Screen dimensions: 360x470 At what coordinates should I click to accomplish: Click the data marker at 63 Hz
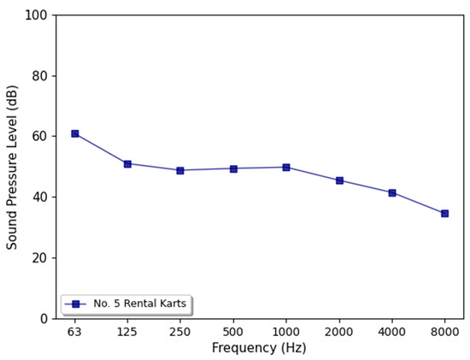[x=75, y=133]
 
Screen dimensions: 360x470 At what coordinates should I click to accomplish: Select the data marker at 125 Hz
[x=127, y=163]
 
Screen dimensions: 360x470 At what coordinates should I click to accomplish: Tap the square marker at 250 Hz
[x=180, y=170]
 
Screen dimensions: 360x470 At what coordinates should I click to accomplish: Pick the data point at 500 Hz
[x=233, y=168]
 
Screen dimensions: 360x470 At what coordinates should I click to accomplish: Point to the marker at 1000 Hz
[x=286, y=167]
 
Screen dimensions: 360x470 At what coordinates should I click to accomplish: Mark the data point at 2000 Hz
[x=339, y=180]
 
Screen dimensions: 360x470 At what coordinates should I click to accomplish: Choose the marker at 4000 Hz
[x=392, y=192]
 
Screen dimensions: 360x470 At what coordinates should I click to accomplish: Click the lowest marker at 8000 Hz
[x=444, y=213]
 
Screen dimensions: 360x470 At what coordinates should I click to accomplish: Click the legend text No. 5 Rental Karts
[x=139, y=304]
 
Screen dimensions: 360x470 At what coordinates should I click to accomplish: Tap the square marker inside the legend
[x=75, y=304]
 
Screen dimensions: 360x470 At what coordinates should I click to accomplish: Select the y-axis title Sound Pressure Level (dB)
[x=12, y=167]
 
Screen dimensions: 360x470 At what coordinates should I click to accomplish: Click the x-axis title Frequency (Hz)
[x=259, y=349]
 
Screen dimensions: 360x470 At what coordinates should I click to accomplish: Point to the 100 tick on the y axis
[x=38, y=15]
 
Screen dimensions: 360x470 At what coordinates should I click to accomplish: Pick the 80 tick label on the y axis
[x=40, y=76]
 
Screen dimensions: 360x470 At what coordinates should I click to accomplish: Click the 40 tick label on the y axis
[x=40, y=197]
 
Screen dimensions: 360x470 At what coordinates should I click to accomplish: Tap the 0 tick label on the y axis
[x=44, y=318]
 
